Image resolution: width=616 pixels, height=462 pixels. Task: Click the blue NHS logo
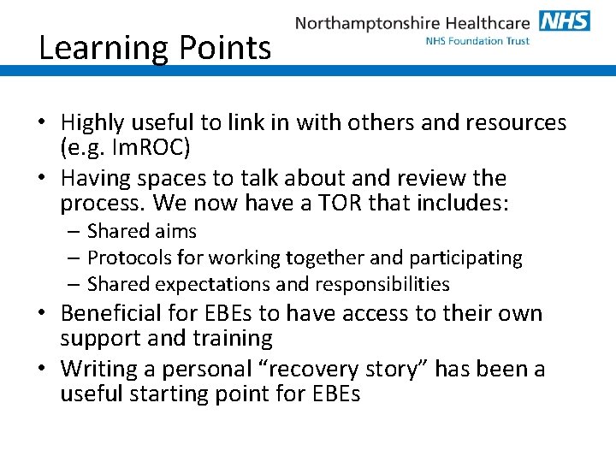pyautogui.click(x=565, y=21)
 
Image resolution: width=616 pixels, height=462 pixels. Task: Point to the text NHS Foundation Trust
pyautogui.click(x=477, y=41)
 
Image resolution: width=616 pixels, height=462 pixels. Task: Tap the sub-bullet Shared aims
pyautogui.click(x=142, y=231)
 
